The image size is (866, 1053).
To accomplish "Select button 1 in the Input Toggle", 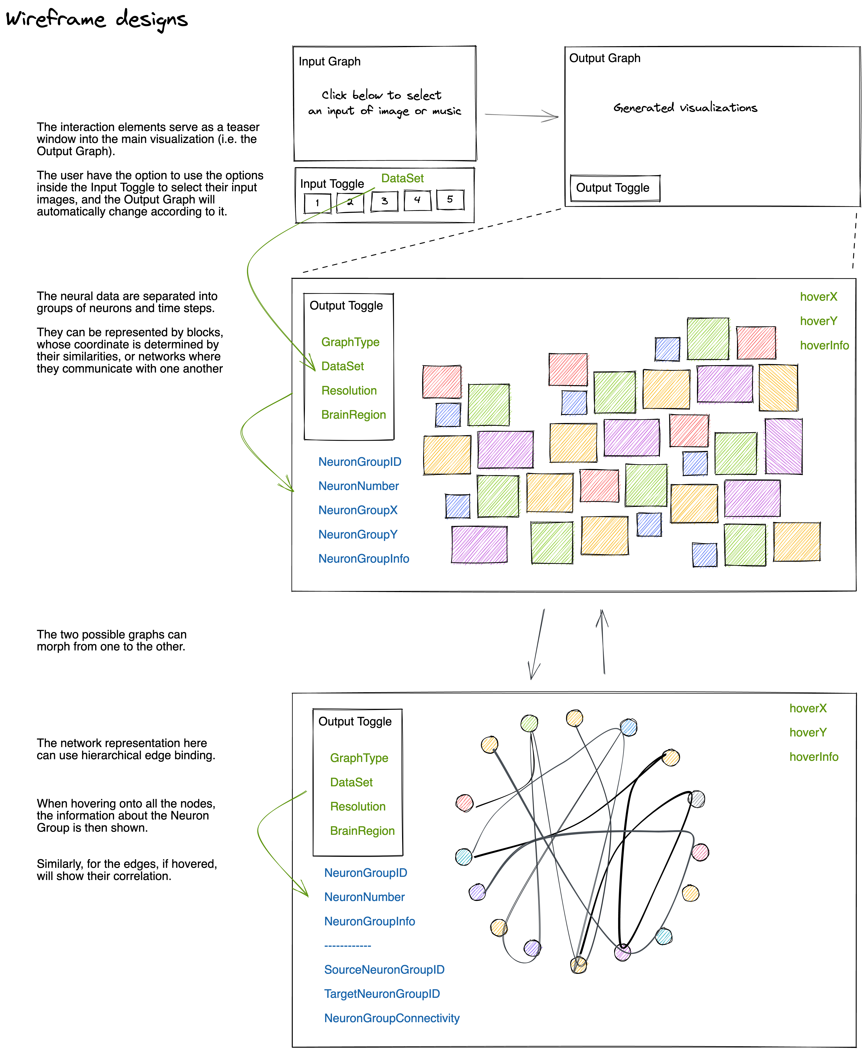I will click(x=317, y=203).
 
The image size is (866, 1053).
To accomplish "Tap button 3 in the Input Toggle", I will click(x=384, y=201).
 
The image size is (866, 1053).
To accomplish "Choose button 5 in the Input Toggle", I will click(x=450, y=200).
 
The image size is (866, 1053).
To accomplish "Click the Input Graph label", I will click(x=329, y=61).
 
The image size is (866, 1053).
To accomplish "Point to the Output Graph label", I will click(x=605, y=58).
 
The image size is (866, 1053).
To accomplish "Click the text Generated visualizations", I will click(x=685, y=108).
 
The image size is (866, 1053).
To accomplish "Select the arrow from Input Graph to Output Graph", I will click(x=521, y=116).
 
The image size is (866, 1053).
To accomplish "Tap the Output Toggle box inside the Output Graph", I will click(x=615, y=188).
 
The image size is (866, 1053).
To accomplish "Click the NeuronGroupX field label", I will click(x=358, y=510).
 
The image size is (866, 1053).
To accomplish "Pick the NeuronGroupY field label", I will click(x=358, y=535).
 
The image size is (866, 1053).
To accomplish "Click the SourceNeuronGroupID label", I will click(x=384, y=970).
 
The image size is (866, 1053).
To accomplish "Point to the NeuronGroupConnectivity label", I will click(x=392, y=1018).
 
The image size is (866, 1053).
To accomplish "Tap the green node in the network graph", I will click(x=529, y=723).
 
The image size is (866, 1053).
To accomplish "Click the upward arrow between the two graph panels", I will click(x=603, y=641).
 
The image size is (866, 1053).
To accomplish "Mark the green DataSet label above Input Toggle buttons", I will click(x=402, y=178).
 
